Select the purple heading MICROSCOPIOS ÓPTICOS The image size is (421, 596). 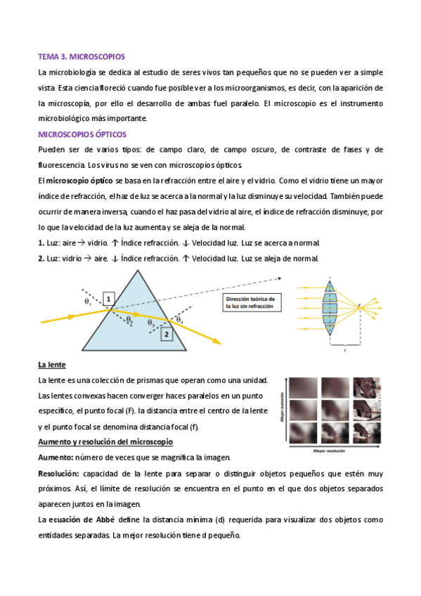pos(82,133)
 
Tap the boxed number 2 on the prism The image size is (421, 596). pos(166,335)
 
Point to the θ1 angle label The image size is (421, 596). pos(88,301)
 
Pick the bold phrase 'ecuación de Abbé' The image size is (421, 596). pos(79,519)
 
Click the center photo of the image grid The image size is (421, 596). pos(332,408)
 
